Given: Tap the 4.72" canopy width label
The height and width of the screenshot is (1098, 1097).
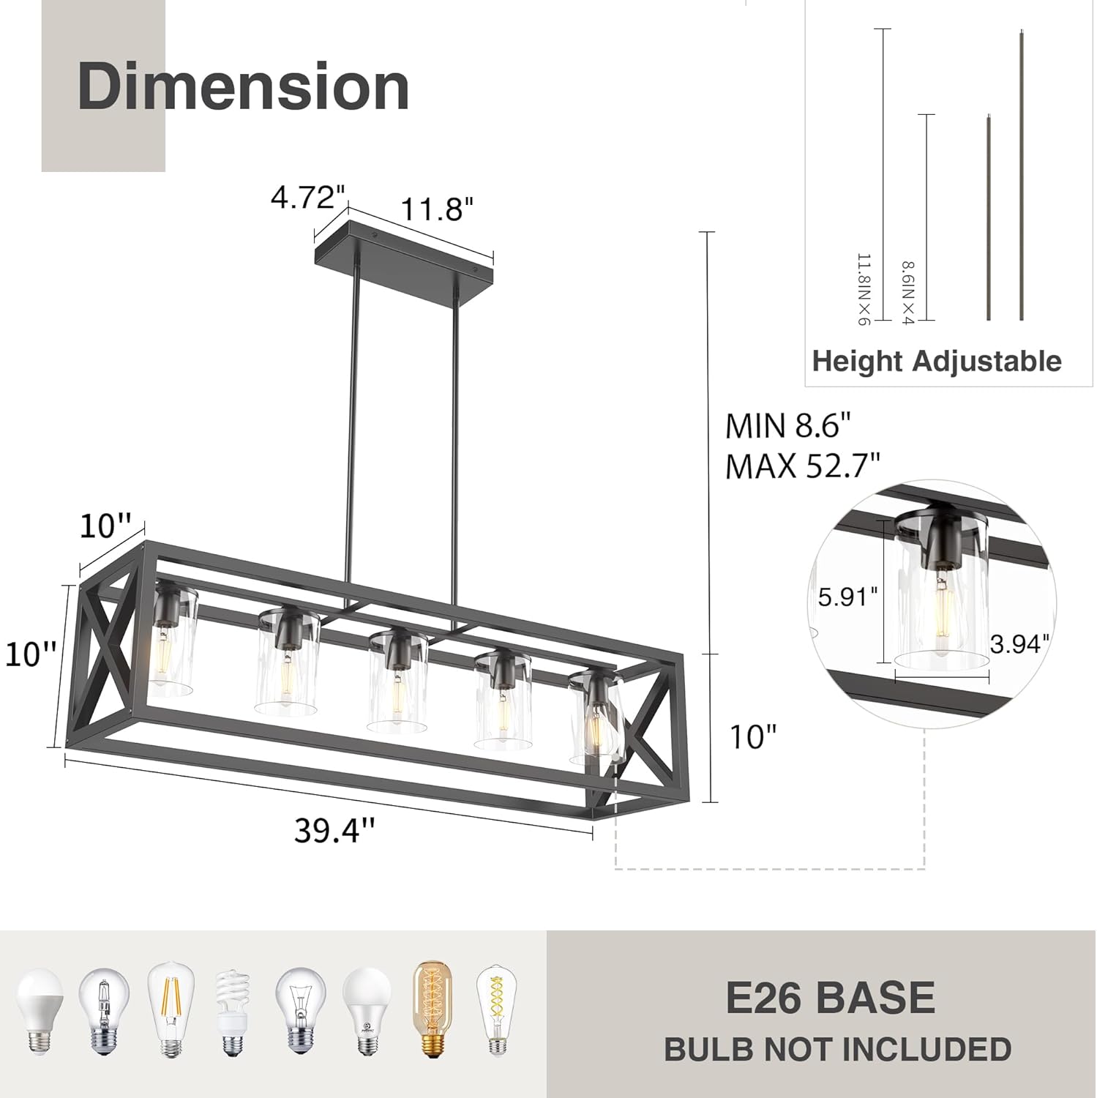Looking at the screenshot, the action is pyautogui.click(x=308, y=197).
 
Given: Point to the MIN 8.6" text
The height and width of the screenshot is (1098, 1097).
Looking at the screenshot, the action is pyautogui.click(x=789, y=426).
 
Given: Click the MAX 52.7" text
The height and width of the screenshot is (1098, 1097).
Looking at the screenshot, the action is pyautogui.click(x=802, y=466).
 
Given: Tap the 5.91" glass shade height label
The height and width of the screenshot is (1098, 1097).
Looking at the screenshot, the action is pyautogui.click(x=847, y=597).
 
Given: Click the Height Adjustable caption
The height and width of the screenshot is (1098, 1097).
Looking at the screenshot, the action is pyautogui.click(x=937, y=362).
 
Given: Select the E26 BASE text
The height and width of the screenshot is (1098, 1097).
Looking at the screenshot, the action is pyautogui.click(x=831, y=998).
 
